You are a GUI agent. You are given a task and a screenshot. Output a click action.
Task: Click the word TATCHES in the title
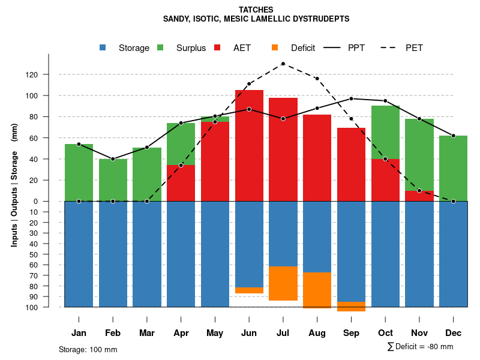click(x=256, y=10)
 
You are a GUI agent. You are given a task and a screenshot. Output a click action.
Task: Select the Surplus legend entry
click(x=191, y=48)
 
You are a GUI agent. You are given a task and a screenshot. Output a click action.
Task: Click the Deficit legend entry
click(x=302, y=48)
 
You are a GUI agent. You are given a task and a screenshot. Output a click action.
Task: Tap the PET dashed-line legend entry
click(x=414, y=48)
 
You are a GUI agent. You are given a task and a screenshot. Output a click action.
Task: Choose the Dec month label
click(x=453, y=333)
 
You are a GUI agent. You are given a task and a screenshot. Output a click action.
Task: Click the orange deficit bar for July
click(x=283, y=283)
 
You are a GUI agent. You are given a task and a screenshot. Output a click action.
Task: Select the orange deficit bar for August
click(x=317, y=290)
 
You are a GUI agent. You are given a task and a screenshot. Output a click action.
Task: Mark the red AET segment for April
click(x=181, y=183)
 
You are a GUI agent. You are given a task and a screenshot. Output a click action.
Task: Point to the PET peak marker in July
click(x=283, y=64)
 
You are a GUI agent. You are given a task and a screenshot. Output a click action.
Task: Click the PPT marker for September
click(x=351, y=98)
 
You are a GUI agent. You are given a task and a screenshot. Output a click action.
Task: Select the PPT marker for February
click(x=113, y=159)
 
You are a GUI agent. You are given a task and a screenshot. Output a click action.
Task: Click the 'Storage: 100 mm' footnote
click(x=88, y=349)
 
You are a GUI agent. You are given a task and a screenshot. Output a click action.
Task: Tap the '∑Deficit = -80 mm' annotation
click(x=420, y=347)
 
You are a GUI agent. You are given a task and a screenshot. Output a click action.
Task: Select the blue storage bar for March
click(x=147, y=254)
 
